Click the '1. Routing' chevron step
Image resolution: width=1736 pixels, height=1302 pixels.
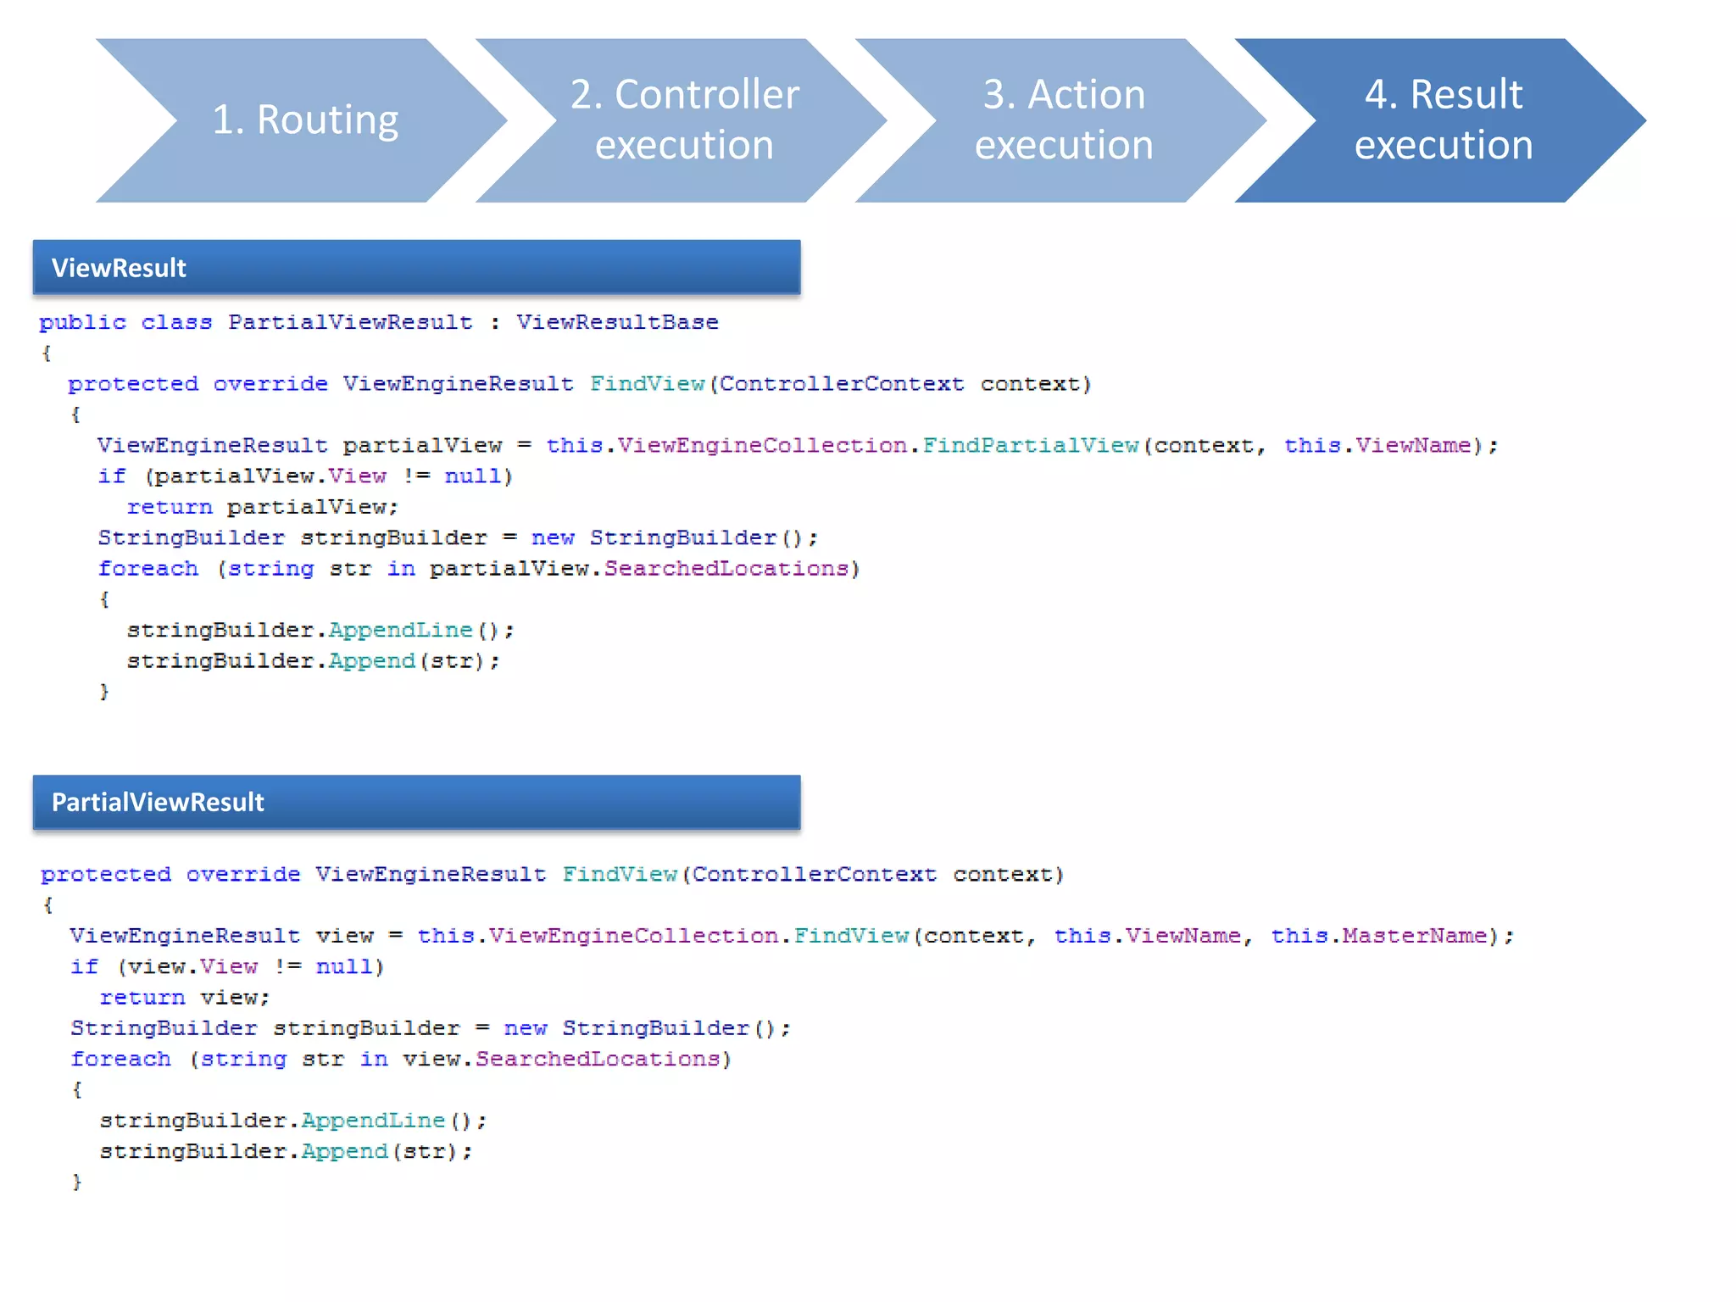303,120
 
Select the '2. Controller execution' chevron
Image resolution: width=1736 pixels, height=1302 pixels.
683,120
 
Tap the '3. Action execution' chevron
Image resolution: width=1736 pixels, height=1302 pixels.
1063,120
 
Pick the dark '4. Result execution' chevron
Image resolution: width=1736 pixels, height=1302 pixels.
1443,120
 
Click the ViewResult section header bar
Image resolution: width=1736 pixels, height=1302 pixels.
415,268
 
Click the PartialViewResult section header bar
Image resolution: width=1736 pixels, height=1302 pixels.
415,802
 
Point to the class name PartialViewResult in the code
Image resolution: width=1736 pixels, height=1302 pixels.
350,323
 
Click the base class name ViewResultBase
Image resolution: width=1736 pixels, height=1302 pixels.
617,323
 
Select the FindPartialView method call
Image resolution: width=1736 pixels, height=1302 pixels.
1030,446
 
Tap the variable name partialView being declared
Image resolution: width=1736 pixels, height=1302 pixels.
422,446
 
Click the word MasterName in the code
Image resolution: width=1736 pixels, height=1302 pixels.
1414,936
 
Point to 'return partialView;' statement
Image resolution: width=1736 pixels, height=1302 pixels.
263,507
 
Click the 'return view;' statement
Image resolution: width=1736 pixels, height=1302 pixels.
185,998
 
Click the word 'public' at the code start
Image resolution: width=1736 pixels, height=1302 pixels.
82,323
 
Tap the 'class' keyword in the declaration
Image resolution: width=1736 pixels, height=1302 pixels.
176,323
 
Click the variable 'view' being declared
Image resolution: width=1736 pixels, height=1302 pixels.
344,936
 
